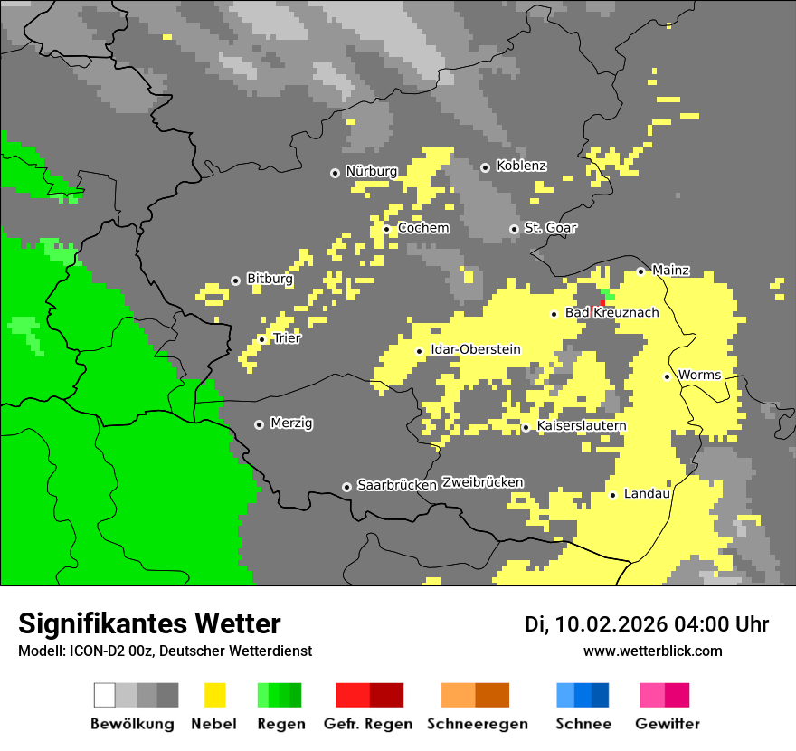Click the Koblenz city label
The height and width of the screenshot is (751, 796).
click(x=521, y=166)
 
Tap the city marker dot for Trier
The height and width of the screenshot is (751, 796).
click(x=262, y=339)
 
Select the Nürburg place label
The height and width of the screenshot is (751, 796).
click(x=371, y=171)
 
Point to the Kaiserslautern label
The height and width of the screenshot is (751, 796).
click(x=582, y=425)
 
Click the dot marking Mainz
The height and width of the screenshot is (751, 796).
click(x=640, y=271)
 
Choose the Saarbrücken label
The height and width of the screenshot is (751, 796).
click(x=397, y=485)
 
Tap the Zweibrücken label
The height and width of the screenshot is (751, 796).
click(x=483, y=482)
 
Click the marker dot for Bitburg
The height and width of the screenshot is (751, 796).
click(x=235, y=280)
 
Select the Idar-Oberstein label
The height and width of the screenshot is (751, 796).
click(x=476, y=349)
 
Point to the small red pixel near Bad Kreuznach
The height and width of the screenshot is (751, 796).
click(x=602, y=302)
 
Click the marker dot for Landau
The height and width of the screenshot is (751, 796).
click(x=612, y=495)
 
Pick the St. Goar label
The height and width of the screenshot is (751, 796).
click(x=550, y=228)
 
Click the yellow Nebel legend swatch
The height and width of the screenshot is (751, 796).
click(x=214, y=695)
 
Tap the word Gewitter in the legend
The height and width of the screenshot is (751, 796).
click(x=668, y=724)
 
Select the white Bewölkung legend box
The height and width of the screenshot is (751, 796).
click(x=105, y=695)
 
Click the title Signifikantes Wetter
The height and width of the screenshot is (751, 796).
click(x=149, y=623)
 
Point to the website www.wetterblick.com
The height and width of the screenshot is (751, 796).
click(x=652, y=651)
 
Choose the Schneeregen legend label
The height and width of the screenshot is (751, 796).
click(x=478, y=724)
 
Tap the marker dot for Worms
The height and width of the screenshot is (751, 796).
click(x=667, y=376)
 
